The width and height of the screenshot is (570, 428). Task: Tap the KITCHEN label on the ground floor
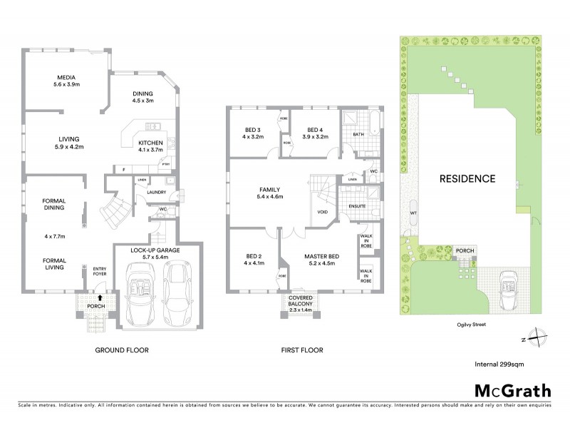150,141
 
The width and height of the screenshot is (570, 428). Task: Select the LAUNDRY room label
156,192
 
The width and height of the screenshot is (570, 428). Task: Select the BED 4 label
315,129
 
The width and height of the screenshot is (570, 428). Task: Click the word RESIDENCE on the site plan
467,178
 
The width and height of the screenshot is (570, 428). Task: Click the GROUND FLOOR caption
118,350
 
